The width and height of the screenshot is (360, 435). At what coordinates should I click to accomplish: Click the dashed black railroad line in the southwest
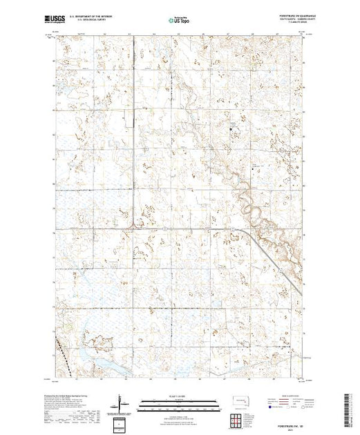pyautogui.click(x=64, y=351)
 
